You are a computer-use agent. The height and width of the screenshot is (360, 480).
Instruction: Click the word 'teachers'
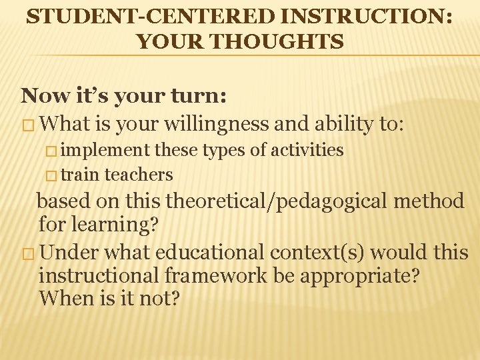coord(139,175)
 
